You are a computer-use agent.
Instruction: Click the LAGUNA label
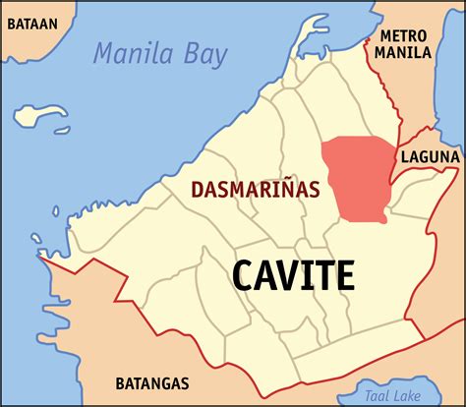(430, 156)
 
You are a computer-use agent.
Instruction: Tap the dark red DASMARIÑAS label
(254, 189)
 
